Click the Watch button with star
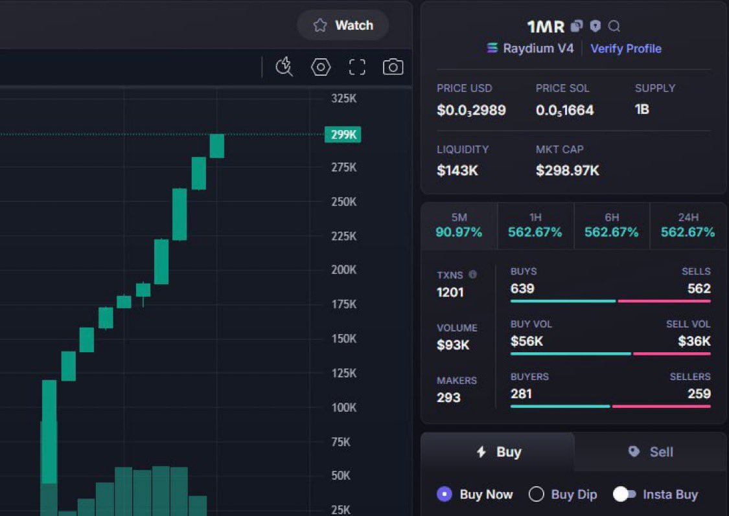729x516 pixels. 343,25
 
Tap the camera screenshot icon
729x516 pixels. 393,67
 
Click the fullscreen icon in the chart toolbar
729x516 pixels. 357,67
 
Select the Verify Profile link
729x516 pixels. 625,49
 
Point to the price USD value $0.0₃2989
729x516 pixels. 471,110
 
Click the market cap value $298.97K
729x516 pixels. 567,171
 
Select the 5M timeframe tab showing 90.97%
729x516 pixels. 459,226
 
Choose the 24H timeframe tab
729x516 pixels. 688,226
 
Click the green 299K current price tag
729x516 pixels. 343,135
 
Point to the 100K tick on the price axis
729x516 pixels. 343,408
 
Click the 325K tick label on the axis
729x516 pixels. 343,99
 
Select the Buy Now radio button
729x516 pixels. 444,495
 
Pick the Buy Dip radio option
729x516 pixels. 536,495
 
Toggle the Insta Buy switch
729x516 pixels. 625,495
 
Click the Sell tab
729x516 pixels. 650,452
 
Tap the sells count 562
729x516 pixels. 699,289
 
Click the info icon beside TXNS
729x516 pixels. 472,275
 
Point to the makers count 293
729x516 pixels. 448,398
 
